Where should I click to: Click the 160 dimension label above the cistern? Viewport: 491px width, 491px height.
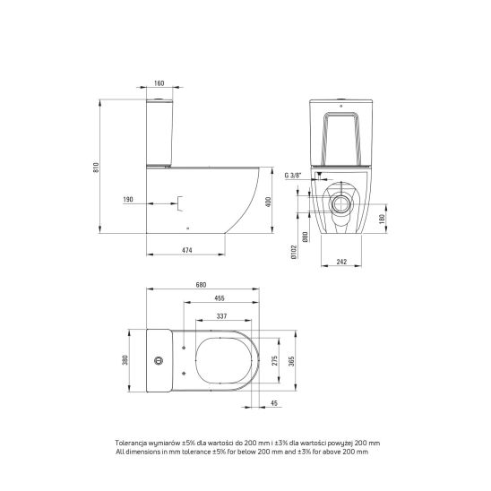[x=159, y=83]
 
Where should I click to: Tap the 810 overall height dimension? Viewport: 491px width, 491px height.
[x=96, y=168]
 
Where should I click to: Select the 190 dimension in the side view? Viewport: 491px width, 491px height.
[x=128, y=200]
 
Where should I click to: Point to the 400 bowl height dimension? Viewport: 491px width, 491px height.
[x=268, y=202]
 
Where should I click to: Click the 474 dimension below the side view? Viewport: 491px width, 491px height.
[x=187, y=250]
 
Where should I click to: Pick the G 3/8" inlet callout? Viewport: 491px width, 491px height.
[x=293, y=176]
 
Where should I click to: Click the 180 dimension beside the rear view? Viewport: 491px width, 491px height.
[x=382, y=219]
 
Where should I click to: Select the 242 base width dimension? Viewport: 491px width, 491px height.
[x=341, y=262]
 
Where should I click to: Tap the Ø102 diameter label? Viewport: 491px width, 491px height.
[x=294, y=252]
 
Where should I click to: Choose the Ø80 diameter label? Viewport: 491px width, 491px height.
[x=306, y=237]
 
